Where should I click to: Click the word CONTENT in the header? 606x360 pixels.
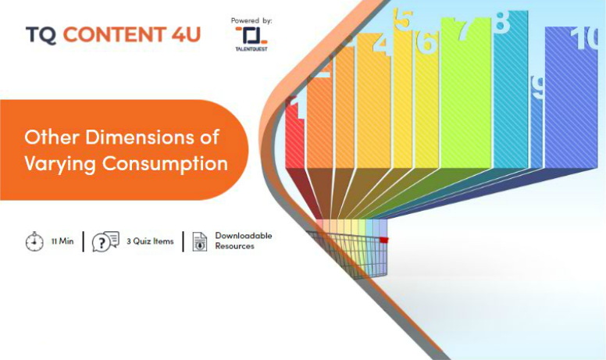[x=115, y=34]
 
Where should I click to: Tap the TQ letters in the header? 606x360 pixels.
[x=41, y=35]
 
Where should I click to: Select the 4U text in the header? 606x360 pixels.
[x=186, y=34]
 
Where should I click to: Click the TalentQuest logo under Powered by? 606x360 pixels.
[x=251, y=39]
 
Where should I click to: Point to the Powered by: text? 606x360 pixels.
[x=251, y=20]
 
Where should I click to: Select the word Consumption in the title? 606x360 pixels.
[x=165, y=164]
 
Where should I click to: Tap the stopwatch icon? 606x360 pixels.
[x=35, y=241]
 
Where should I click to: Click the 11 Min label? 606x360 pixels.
[x=62, y=241]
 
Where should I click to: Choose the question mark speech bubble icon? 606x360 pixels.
[x=105, y=241]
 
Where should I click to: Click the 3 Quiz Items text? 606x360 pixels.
[x=150, y=241]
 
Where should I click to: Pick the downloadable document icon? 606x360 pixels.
[x=200, y=242]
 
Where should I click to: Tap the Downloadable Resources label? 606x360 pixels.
[x=244, y=241]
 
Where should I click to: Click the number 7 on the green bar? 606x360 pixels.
[x=465, y=29]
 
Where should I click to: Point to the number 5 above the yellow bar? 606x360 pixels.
[x=403, y=19]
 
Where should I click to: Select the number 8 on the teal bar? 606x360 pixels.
[x=502, y=22]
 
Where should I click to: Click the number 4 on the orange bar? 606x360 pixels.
[x=382, y=45]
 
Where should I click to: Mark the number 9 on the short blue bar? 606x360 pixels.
[x=537, y=87]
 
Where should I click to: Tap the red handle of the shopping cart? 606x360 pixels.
[x=383, y=241]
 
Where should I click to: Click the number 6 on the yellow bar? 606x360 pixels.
[x=426, y=42]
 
